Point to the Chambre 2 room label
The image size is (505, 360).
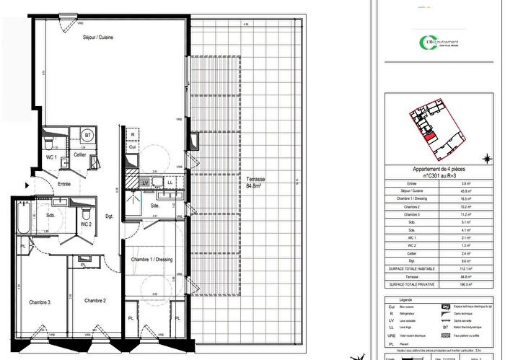95,300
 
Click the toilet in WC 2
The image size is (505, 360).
85,214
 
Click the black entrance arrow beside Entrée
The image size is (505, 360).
27,185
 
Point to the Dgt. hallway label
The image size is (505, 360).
109,216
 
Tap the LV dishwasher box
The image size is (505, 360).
145,183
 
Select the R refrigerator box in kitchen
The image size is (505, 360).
133,135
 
